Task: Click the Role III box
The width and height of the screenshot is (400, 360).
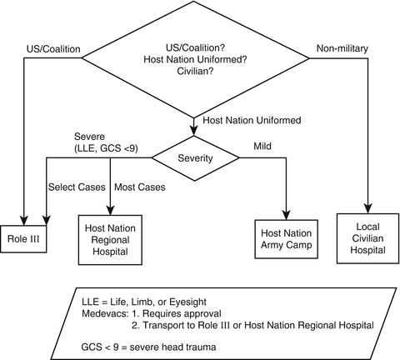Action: click(23, 239)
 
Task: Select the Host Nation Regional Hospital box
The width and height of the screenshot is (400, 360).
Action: click(110, 240)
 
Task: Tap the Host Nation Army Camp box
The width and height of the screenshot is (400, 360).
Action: click(287, 239)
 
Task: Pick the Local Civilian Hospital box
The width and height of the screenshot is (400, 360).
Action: click(367, 238)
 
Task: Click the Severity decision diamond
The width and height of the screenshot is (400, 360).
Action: click(195, 158)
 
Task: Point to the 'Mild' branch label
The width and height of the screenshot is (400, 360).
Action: click(262, 146)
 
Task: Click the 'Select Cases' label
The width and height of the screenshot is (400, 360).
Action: click(77, 187)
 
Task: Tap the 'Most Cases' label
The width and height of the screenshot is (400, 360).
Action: click(140, 187)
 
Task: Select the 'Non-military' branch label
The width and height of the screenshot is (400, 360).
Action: click(342, 48)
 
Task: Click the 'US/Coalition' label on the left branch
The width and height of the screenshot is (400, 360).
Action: click(53, 49)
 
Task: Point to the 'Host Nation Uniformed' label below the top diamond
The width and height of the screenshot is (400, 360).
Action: click(252, 120)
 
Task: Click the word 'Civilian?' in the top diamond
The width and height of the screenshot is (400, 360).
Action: click(195, 71)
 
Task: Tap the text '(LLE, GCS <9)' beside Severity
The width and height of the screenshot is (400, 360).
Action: click(106, 148)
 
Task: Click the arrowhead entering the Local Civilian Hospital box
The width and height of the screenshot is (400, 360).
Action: click(368, 208)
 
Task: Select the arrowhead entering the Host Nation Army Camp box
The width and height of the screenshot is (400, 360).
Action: click(287, 215)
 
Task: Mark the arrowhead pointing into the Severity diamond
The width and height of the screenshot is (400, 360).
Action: click(193, 131)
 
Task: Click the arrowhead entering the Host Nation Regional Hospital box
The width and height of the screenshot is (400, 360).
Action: click(110, 210)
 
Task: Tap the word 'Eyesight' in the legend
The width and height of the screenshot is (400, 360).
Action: click(187, 302)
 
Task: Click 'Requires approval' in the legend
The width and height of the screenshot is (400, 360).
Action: click(182, 313)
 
